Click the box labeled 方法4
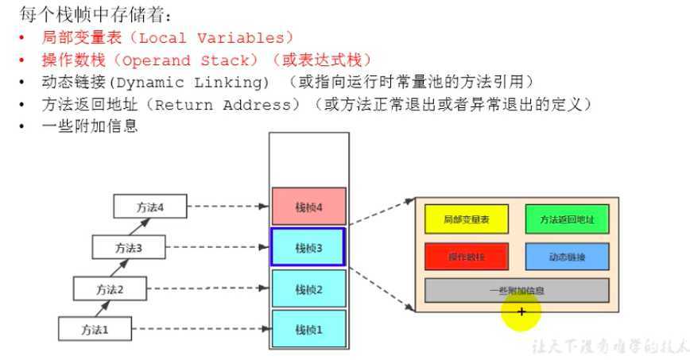tap(149, 207)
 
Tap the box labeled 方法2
tap(110, 288)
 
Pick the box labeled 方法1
tap(95, 327)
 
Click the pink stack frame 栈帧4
tap(308, 207)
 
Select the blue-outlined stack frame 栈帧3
tap(308, 247)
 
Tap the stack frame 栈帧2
tap(308, 288)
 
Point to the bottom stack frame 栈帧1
tap(308, 328)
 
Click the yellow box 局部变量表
tap(466, 219)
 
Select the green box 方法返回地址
tap(566, 219)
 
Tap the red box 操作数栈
tap(466, 257)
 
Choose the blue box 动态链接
tap(566, 257)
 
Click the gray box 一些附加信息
tap(517, 290)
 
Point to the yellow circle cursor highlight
tap(521, 312)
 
